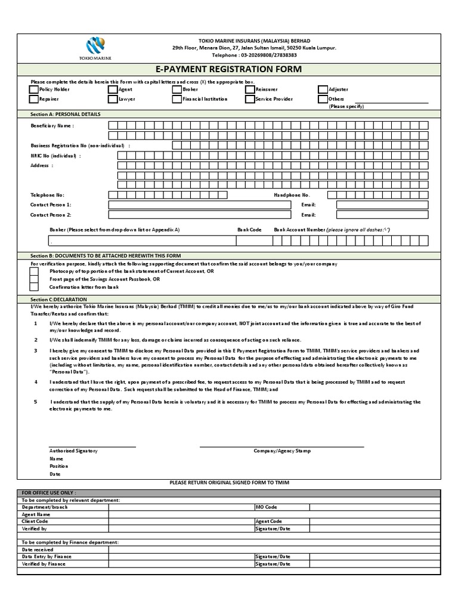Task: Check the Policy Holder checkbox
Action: point(34,90)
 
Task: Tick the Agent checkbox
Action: point(113,90)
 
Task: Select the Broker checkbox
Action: point(177,90)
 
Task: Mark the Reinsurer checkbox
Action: point(250,90)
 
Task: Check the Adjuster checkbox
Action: point(323,90)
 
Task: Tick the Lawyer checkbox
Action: point(113,99)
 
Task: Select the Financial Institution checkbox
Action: point(177,99)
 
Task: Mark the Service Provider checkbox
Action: point(250,99)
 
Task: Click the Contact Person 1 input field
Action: point(187,205)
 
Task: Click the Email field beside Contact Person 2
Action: point(382,215)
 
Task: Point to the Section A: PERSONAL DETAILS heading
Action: point(66,114)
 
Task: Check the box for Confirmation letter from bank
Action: point(35,287)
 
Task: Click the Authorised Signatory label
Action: point(73,451)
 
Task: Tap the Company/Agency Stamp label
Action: point(281,451)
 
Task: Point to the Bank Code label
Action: point(249,230)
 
